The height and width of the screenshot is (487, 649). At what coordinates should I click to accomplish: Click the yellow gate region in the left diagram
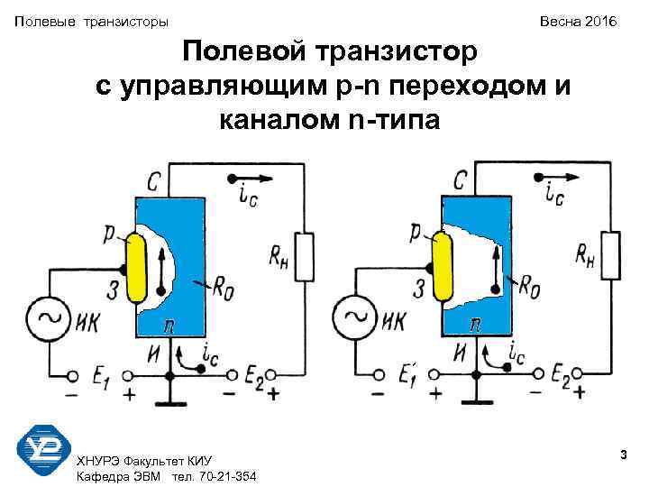(136, 269)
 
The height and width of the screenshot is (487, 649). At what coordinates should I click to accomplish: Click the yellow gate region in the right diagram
(443, 267)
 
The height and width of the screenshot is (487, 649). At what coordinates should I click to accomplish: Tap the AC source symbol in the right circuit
(351, 317)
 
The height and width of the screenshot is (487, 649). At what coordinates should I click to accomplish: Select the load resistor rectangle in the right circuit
(613, 255)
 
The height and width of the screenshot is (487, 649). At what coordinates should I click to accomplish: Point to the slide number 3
(623, 458)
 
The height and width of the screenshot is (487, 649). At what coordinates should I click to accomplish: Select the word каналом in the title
(278, 118)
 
